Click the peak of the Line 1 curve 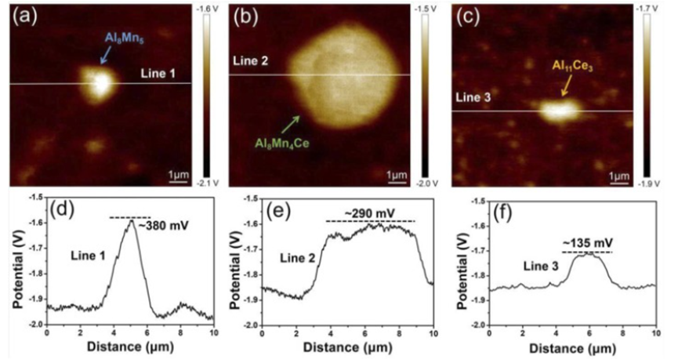(131, 221)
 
